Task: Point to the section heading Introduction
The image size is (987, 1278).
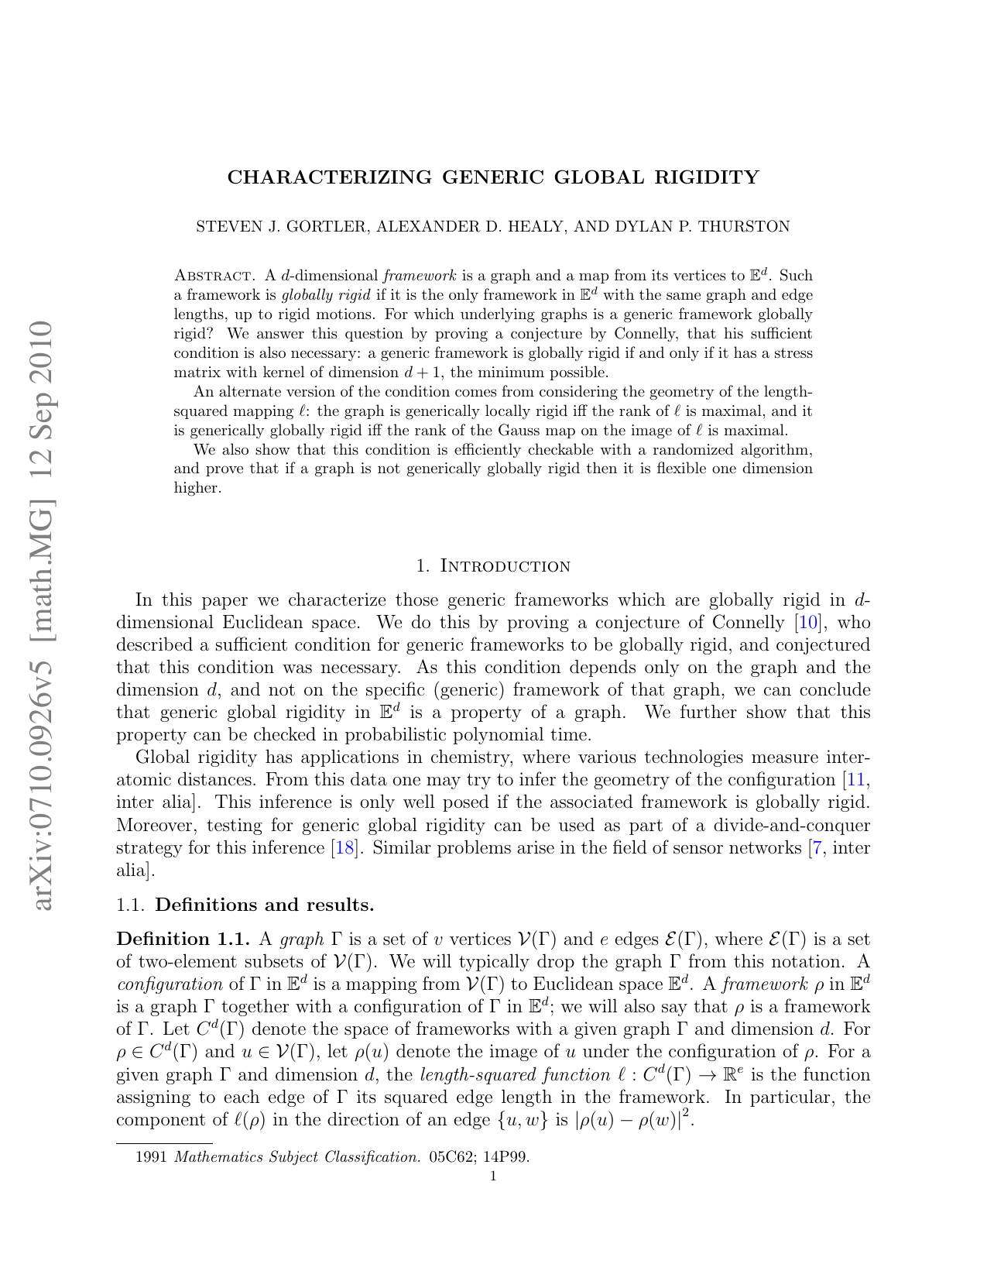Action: [x=505, y=566]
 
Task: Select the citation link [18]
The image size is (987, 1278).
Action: [x=344, y=848]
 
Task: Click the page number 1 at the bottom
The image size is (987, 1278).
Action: [x=493, y=1177]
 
